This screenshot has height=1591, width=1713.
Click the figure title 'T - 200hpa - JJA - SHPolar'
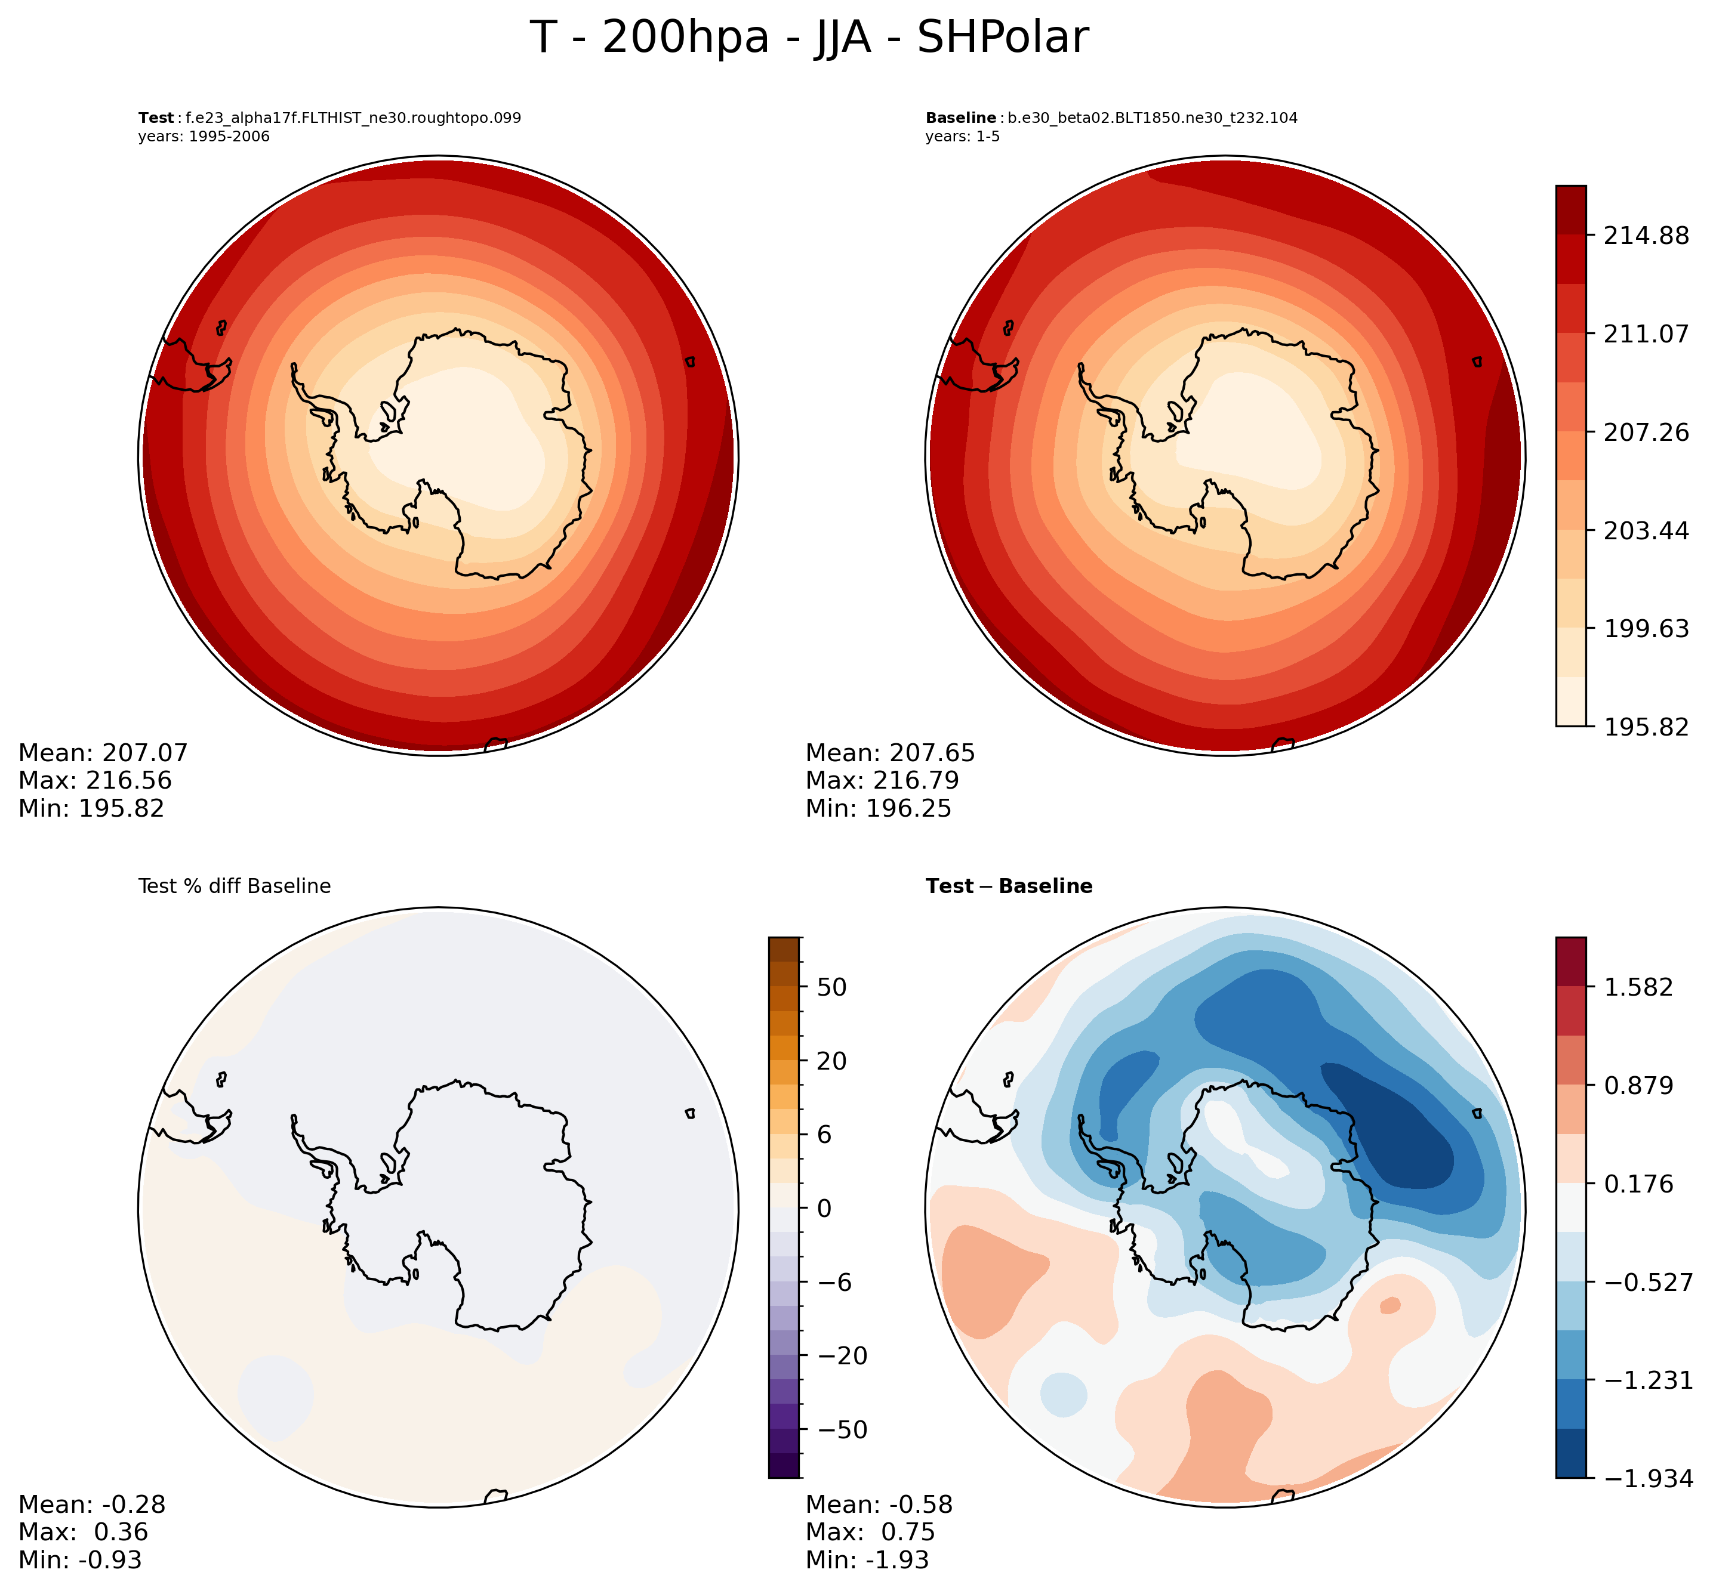(x=809, y=39)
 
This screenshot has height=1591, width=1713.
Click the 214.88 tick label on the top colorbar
(x=1646, y=235)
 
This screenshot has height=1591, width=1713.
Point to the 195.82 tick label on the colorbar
(x=1646, y=727)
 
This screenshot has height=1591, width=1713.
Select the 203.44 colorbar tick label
(x=1646, y=530)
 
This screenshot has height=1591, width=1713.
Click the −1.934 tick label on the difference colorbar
(x=1646, y=1478)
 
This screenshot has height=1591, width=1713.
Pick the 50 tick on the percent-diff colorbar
(x=830, y=987)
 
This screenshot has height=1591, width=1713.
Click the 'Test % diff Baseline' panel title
(x=234, y=886)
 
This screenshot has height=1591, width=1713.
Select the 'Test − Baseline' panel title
(x=1009, y=886)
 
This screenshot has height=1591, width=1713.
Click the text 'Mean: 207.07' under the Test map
(x=103, y=753)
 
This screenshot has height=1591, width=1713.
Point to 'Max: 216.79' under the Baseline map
(x=882, y=781)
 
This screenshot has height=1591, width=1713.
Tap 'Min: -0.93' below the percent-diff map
(x=80, y=1560)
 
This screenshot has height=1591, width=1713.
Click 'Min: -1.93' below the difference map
(x=867, y=1560)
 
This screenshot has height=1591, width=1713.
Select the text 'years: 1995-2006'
(x=204, y=137)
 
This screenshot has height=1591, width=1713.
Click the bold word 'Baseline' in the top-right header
(x=960, y=118)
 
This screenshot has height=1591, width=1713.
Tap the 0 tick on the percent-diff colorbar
(x=824, y=1208)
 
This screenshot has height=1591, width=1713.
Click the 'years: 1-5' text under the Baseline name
(x=962, y=137)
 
